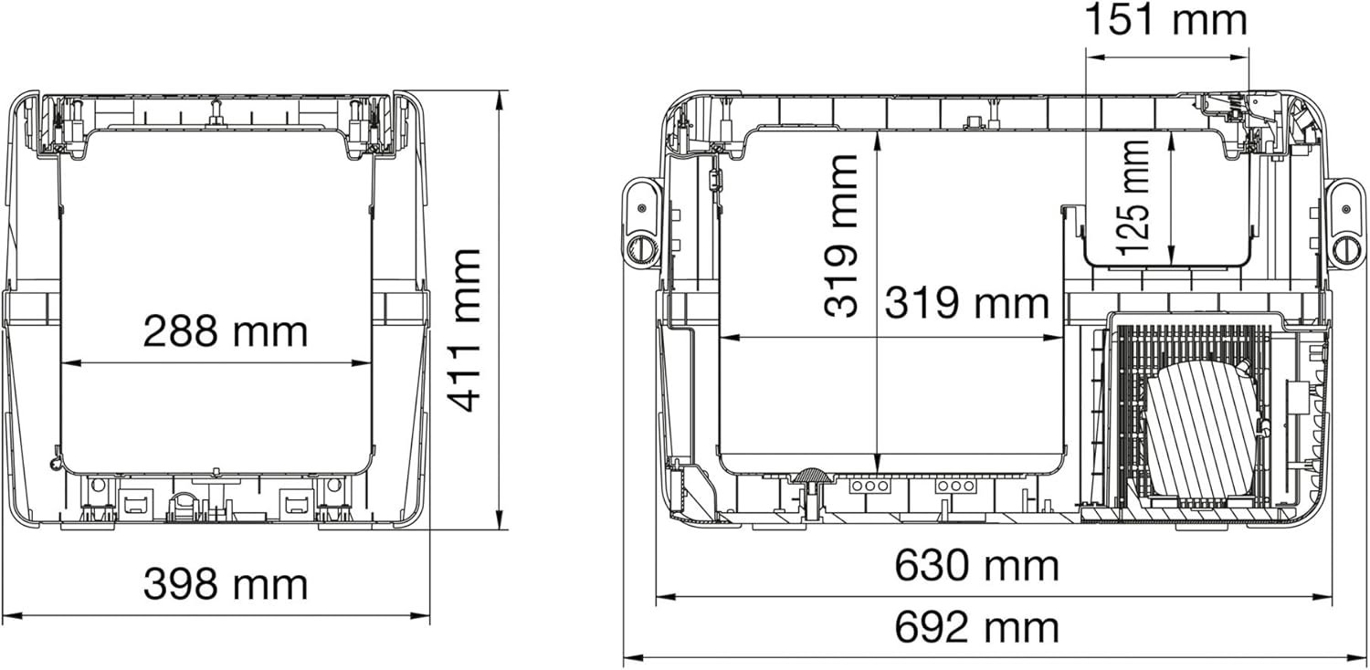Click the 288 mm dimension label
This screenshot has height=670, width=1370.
click(x=225, y=332)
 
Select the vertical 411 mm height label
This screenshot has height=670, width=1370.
click(x=466, y=330)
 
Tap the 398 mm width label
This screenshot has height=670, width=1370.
click(x=225, y=584)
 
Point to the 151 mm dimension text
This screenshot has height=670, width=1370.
click(x=1164, y=21)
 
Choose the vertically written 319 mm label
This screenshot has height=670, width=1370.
click(x=841, y=236)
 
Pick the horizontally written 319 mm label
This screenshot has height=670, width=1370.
click(x=965, y=303)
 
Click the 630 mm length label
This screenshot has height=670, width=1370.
click(x=975, y=567)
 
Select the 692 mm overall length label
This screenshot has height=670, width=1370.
click(x=975, y=629)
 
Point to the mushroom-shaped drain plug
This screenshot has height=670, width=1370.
click(x=810, y=476)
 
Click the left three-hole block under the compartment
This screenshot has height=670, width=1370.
click(x=869, y=487)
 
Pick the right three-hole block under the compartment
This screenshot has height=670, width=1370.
click(x=955, y=487)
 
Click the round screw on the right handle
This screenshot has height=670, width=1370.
click(x=1346, y=248)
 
